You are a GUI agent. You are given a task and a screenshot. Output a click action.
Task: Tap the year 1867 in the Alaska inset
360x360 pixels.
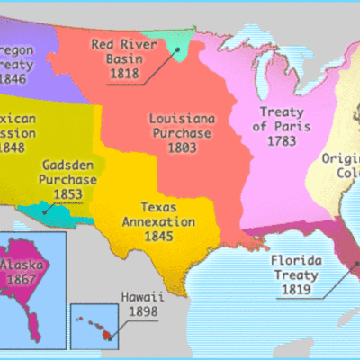(24, 280)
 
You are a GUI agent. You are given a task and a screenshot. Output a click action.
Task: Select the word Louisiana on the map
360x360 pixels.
(179, 118)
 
